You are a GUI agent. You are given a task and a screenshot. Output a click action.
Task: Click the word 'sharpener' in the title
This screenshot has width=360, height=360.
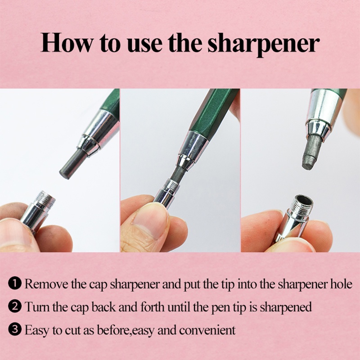click(x=263, y=43)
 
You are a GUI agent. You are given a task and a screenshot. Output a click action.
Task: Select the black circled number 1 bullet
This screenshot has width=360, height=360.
click(x=15, y=283)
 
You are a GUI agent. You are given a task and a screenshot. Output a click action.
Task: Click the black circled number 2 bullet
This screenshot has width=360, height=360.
click(x=15, y=306)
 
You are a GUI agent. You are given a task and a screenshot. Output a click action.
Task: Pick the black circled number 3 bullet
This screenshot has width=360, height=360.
click(x=15, y=330)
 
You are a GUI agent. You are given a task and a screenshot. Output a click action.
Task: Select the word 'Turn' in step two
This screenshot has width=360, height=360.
click(x=37, y=307)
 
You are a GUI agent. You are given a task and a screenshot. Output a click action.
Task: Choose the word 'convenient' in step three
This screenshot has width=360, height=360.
click(x=207, y=330)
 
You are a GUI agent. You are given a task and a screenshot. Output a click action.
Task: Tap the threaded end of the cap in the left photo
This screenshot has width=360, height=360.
click(x=46, y=198)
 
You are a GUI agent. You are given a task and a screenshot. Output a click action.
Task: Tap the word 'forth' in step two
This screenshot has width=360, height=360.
click(x=153, y=306)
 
